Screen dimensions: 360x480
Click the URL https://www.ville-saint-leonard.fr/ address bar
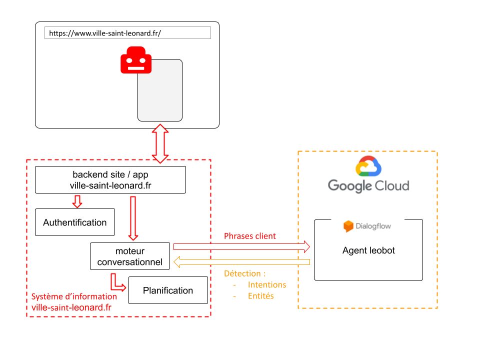(127, 33)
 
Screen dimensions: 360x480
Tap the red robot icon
(135, 61)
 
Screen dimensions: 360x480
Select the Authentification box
(75, 222)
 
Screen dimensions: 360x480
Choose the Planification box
(168, 290)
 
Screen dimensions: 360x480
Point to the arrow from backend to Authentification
(77, 201)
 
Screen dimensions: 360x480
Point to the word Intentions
(267, 285)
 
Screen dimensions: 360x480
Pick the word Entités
(261, 296)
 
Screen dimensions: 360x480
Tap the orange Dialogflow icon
(348, 226)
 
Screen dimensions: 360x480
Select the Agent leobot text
(368, 250)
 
